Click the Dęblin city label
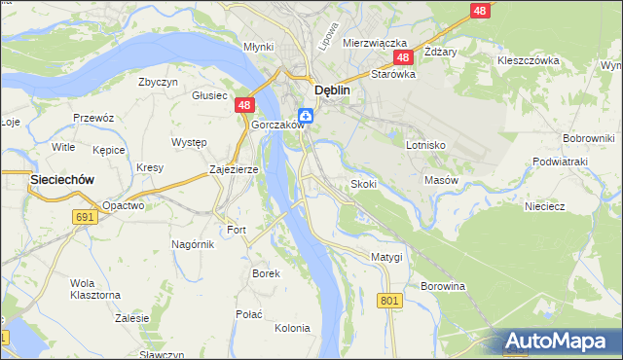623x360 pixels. point(330,90)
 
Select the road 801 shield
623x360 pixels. point(390,302)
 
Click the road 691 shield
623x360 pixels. point(84,217)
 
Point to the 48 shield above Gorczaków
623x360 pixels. point(243,105)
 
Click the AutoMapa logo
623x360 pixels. point(559,342)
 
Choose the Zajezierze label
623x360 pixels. point(234,169)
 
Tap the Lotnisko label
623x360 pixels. point(425,144)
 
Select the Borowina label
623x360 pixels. point(442,287)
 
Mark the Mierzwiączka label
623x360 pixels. point(373,44)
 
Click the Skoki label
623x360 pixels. point(363,184)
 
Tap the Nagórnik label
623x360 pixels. point(192,244)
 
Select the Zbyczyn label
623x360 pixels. point(158,82)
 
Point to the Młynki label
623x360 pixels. point(258,46)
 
